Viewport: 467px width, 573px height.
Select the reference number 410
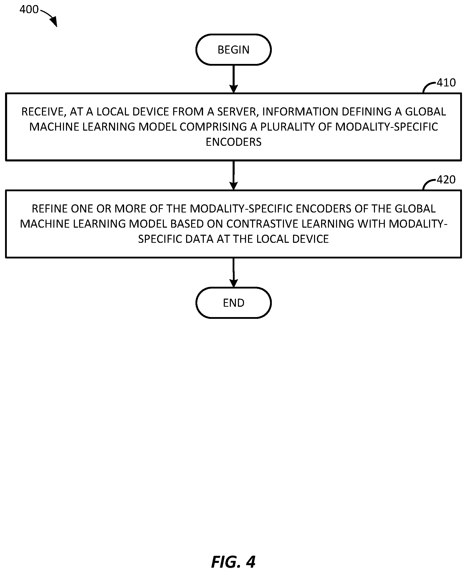(x=446, y=83)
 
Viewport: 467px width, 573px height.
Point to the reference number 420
(x=446, y=180)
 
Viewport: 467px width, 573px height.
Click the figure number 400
(x=29, y=10)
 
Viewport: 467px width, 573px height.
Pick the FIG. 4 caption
(x=233, y=562)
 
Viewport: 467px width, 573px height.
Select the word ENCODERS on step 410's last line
(x=234, y=142)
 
